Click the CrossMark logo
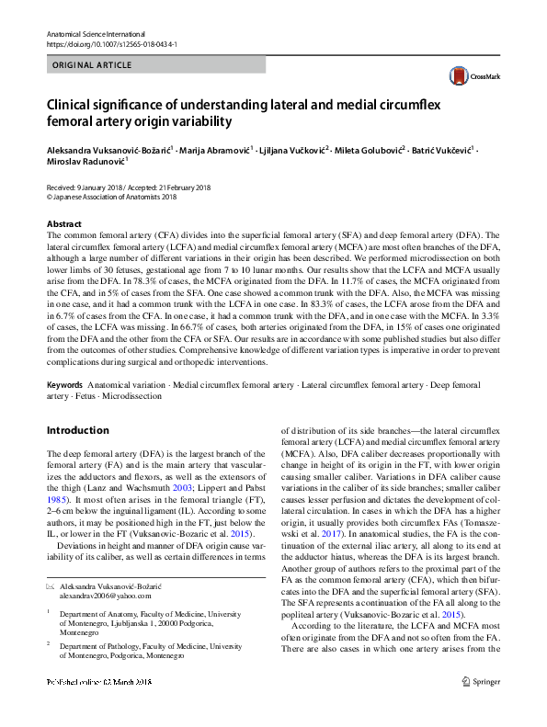click(x=469, y=76)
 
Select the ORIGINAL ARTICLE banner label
click(x=92, y=65)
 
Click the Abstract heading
click(x=63, y=224)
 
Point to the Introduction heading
click(x=77, y=430)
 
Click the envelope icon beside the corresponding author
click(x=51, y=585)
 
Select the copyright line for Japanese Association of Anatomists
click(x=111, y=196)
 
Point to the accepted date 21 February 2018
click(x=183, y=187)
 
